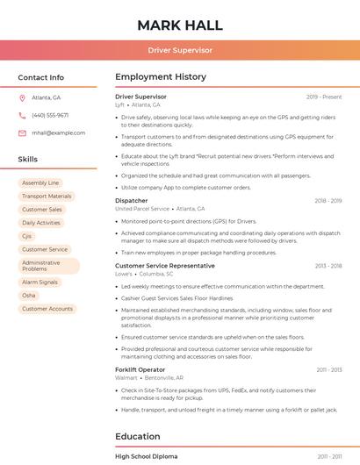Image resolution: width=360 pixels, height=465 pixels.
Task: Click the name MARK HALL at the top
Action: pyautogui.click(x=180, y=25)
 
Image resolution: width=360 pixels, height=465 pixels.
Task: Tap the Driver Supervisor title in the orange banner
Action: pyautogui.click(x=180, y=51)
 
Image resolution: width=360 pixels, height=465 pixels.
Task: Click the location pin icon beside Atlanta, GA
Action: pyautogui.click(x=22, y=97)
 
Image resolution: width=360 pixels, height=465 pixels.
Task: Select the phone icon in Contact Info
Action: pyautogui.click(x=22, y=115)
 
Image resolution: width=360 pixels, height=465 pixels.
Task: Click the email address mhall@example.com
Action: pyautogui.click(x=58, y=132)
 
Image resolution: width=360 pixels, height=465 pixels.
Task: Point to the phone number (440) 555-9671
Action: pyautogui.click(x=50, y=115)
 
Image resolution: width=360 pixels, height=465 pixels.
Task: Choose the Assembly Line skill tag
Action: pyautogui.click(x=40, y=182)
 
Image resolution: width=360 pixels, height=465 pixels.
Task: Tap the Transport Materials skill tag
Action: pyautogui.click(x=47, y=197)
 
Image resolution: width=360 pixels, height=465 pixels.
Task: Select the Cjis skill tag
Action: pyautogui.click(x=27, y=236)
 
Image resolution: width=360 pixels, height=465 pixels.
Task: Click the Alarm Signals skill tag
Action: pyautogui.click(x=40, y=283)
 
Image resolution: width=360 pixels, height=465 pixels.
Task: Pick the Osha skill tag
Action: pyautogui.click(x=29, y=296)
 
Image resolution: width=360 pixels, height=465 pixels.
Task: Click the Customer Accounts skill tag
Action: pyautogui.click(x=47, y=309)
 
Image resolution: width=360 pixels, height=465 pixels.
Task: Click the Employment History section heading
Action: pyautogui.click(x=160, y=77)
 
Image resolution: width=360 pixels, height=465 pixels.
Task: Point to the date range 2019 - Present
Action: pyautogui.click(x=324, y=97)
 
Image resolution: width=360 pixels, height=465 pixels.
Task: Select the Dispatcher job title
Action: pyautogui.click(x=132, y=201)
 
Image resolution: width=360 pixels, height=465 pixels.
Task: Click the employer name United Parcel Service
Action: pyautogui.click(x=142, y=209)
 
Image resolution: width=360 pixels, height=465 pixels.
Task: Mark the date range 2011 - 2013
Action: pyautogui.click(x=329, y=370)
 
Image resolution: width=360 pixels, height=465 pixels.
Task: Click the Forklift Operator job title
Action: pyautogui.click(x=140, y=370)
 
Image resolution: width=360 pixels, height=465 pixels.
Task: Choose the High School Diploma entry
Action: pyautogui.click(x=147, y=456)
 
